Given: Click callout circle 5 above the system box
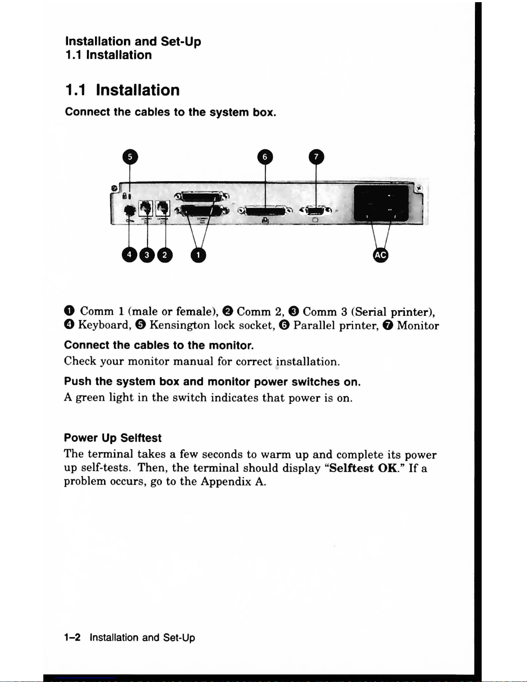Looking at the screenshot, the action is click(130, 157).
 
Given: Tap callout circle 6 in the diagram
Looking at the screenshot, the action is click(265, 157).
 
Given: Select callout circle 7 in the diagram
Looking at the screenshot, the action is click(316, 157).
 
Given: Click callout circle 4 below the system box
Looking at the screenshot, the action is click(129, 255).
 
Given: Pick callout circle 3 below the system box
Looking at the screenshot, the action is click(147, 255).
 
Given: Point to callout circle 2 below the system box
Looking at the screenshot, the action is click(165, 255).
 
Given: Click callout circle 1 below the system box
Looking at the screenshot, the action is click(198, 255).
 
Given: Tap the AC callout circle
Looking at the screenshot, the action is click(380, 255).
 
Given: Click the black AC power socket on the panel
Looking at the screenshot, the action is click(380, 203).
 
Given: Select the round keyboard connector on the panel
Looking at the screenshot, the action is click(129, 210).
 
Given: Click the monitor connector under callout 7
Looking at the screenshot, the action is click(316, 210).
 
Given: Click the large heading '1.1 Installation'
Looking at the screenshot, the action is click(123, 90).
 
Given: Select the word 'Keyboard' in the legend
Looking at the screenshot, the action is click(103, 325).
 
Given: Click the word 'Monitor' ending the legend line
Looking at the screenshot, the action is click(418, 325).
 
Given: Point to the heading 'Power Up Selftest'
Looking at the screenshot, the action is click(113, 438).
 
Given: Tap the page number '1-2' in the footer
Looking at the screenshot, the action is click(72, 637).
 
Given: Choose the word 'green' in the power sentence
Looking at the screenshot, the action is click(90, 398).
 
